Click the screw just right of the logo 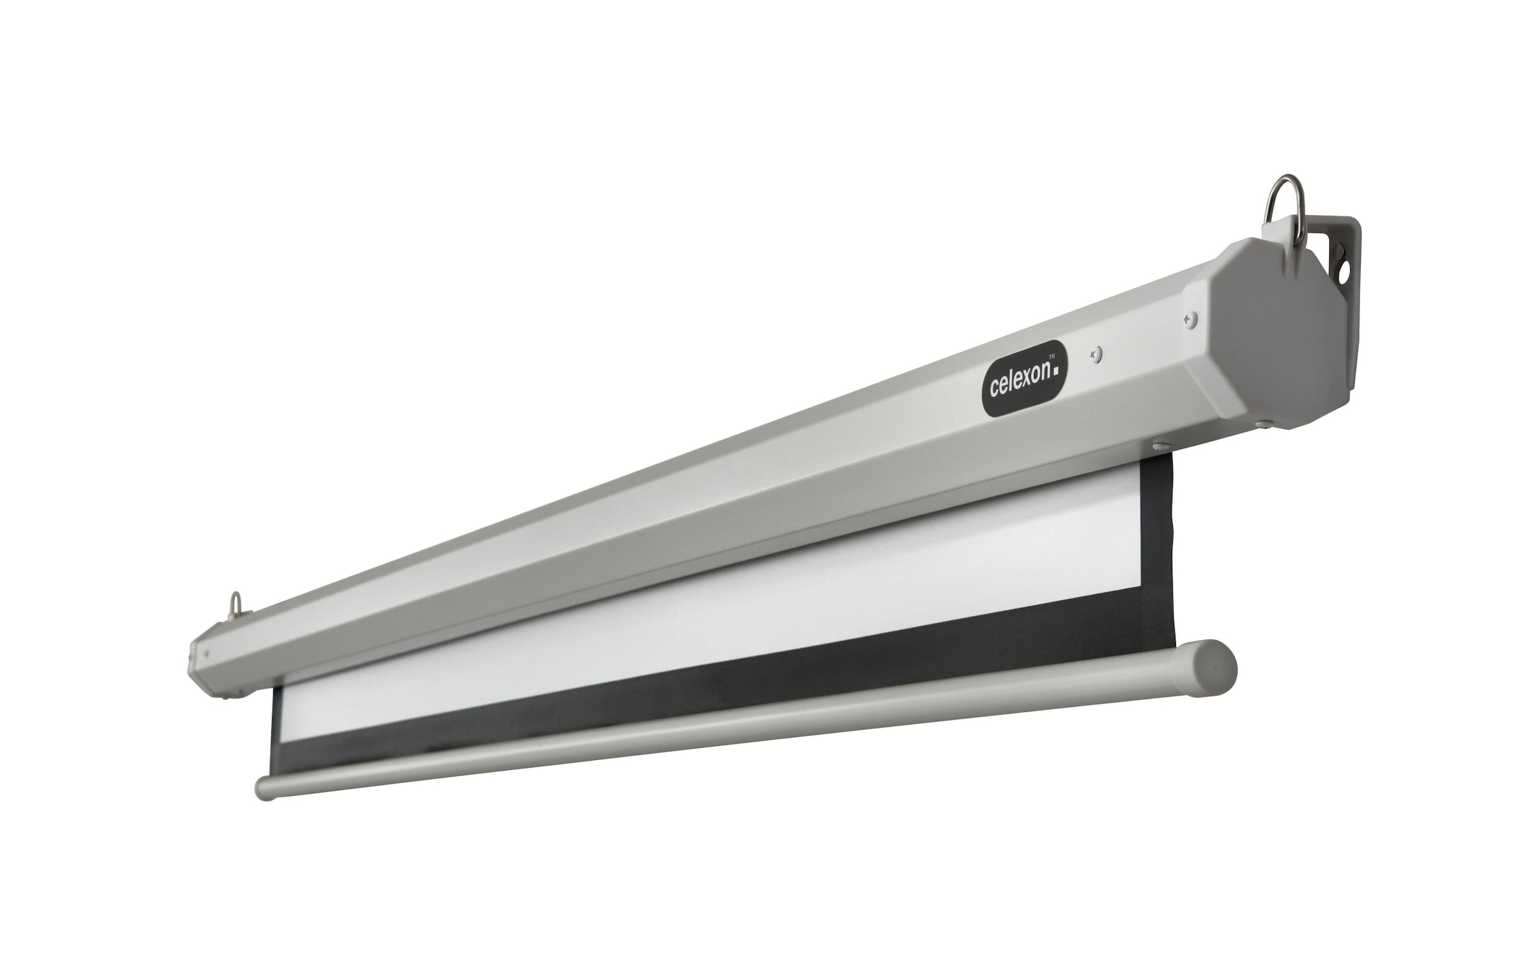(1096, 355)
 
